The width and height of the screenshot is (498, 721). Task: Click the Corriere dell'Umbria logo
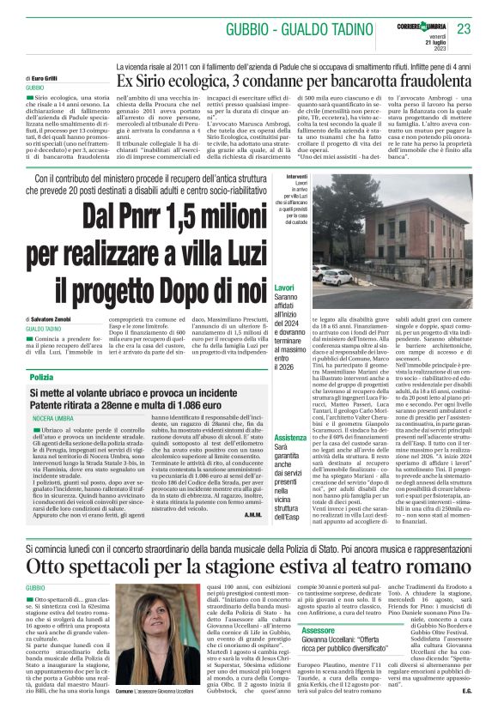pyautogui.click(x=426, y=18)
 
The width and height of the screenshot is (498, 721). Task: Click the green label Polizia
pyautogui.click(x=41, y=378)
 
